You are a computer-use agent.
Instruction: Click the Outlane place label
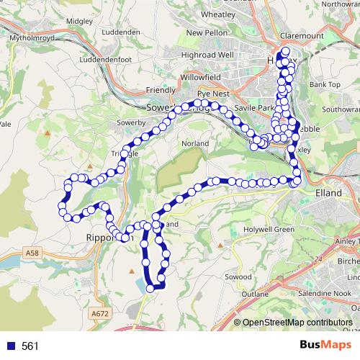(255, 294)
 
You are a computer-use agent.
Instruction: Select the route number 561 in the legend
(30, 346)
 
